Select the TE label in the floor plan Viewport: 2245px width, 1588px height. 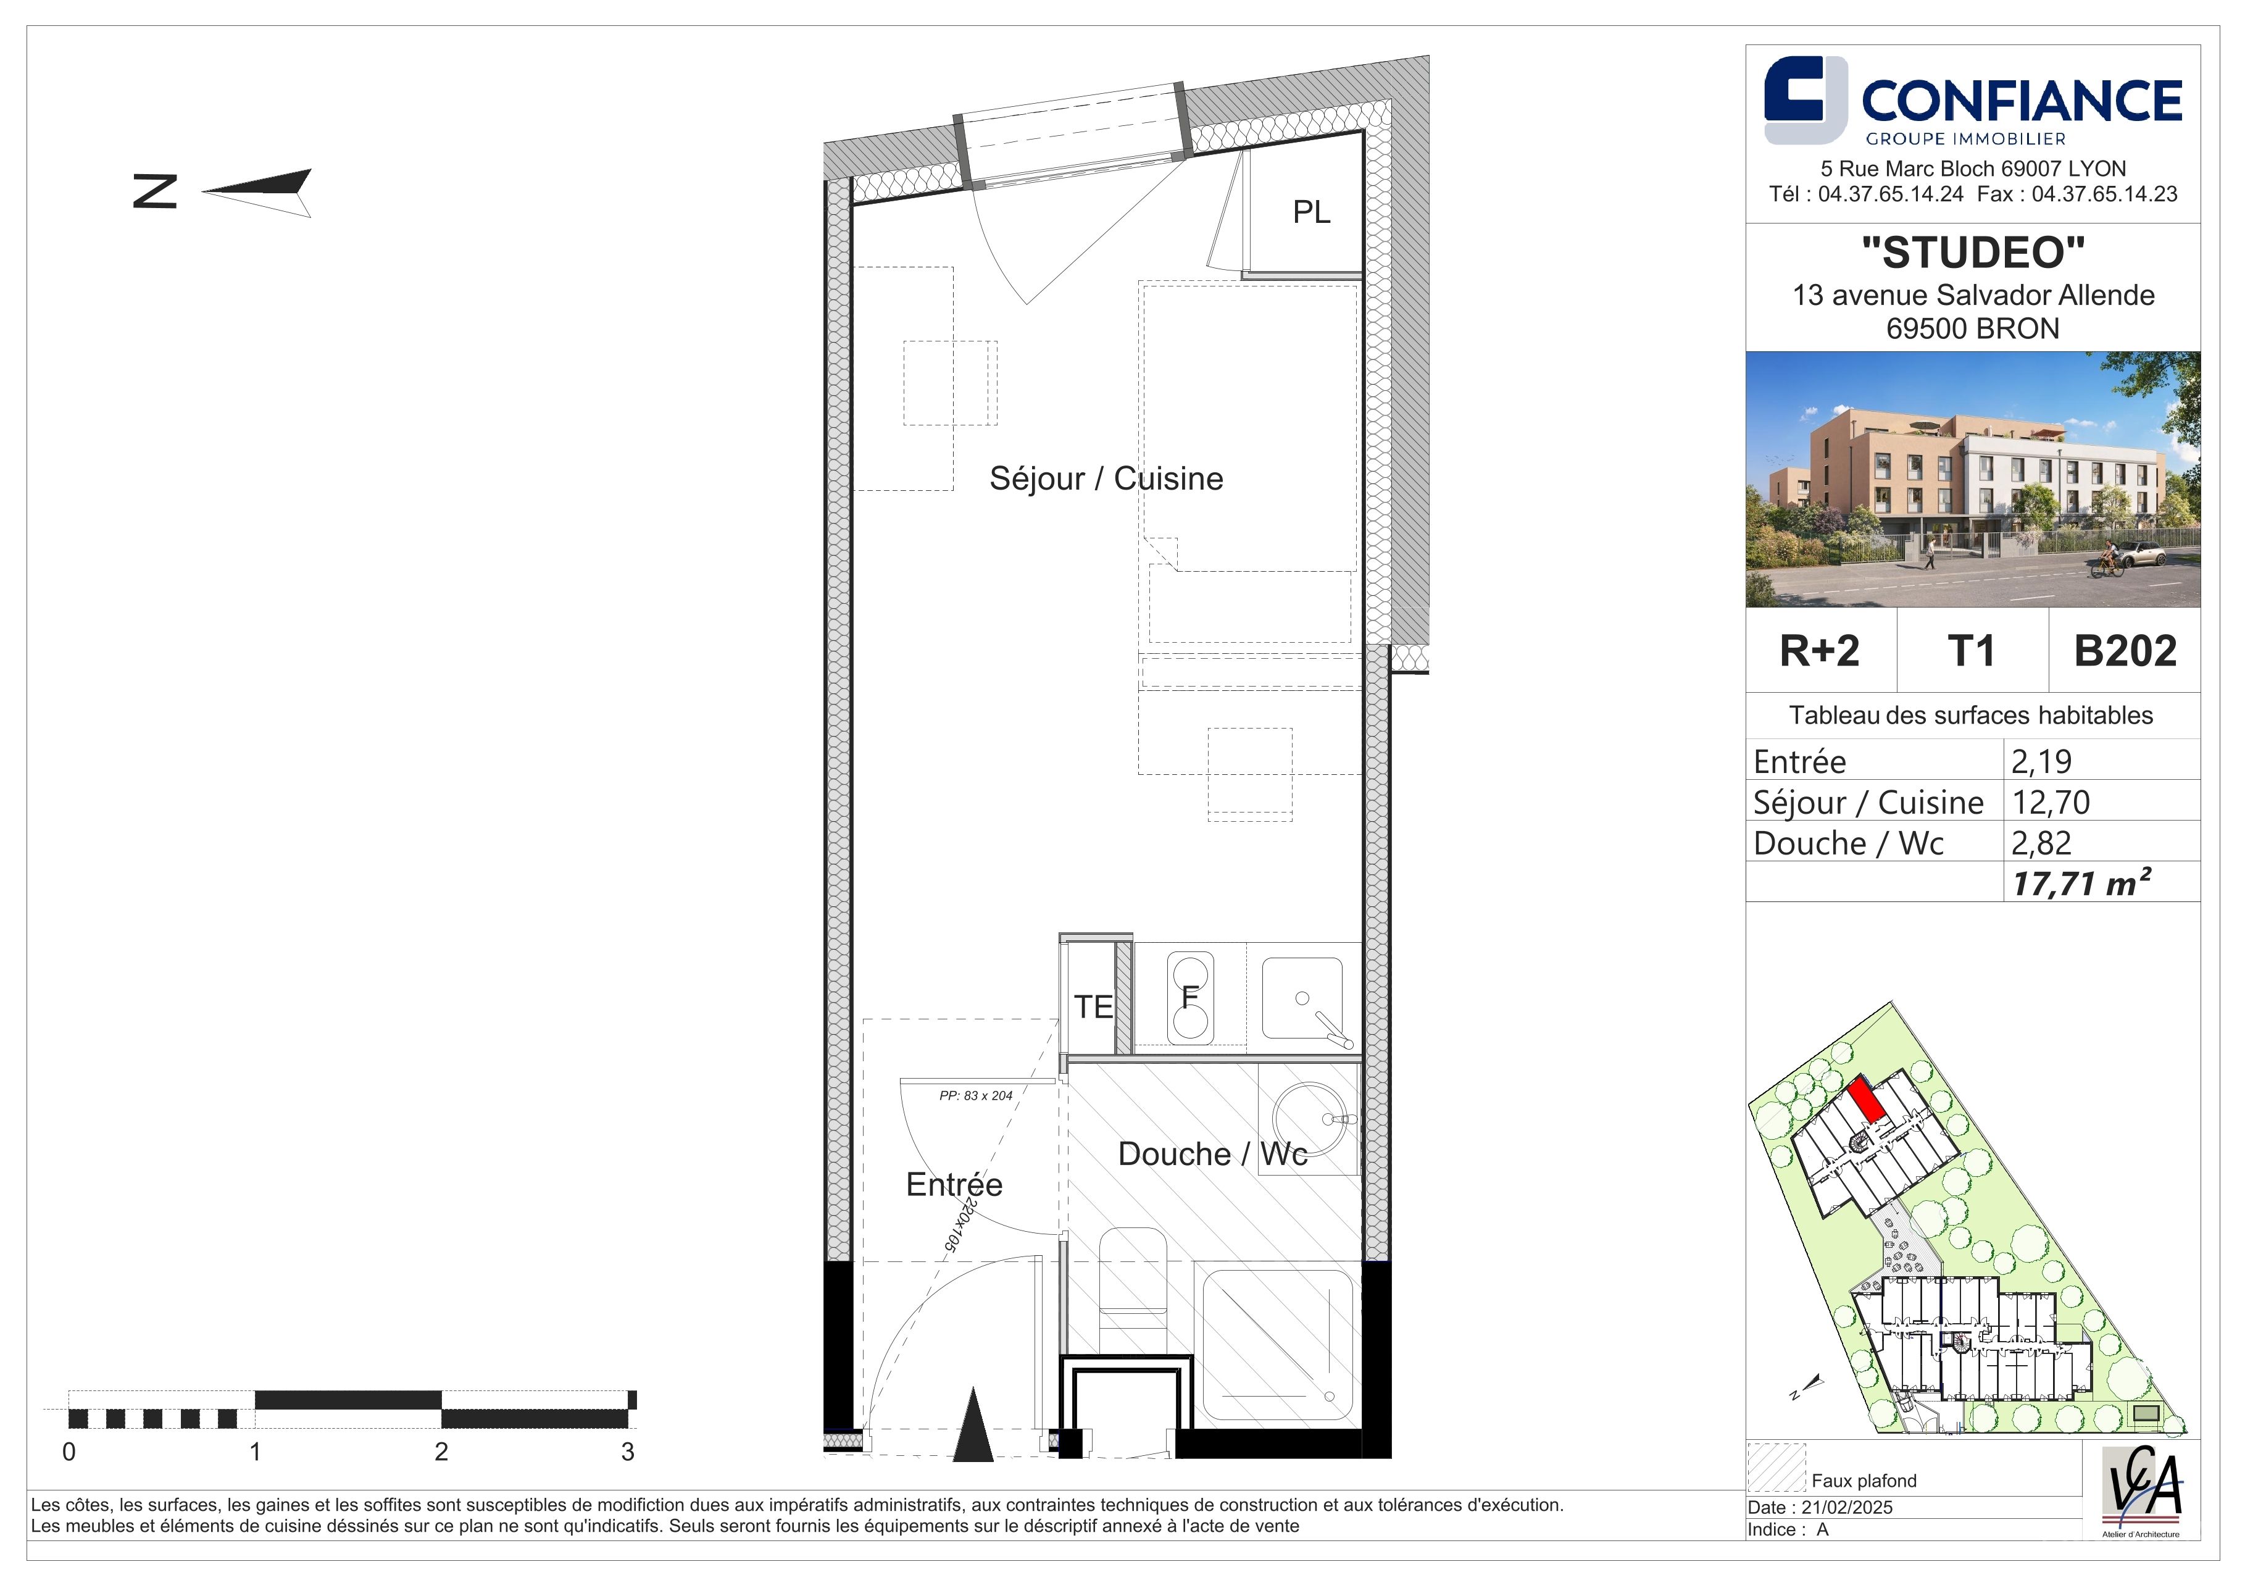[1093, 1007]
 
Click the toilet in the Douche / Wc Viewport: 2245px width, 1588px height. [1135, 1291]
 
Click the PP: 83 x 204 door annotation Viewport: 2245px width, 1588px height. [976, 1096]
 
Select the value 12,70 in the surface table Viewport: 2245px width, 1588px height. [2051, 803]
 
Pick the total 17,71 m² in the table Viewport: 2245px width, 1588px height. [2081, 882]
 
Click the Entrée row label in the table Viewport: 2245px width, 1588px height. [1799, 762]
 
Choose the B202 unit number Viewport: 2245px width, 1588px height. [2125, 651]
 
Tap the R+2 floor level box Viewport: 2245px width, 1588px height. [1820, 651]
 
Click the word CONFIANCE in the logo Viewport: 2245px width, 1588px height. [2021, 101]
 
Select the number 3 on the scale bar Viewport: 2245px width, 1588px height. [628, 1452]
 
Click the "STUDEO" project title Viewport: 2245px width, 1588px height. [1973, 253]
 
